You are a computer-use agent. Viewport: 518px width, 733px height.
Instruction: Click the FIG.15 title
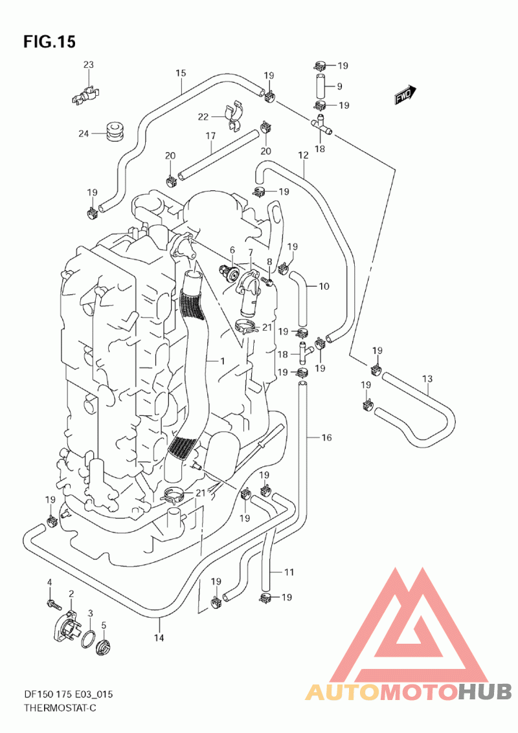[x=49, y=42]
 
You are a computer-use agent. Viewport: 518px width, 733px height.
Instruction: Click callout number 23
[x=88, y=65]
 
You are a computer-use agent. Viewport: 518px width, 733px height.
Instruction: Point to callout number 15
[x=181, y=73]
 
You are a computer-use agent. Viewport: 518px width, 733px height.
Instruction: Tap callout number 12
[x=303, y=155]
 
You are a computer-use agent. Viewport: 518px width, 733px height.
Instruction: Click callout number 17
[x=210, y=136]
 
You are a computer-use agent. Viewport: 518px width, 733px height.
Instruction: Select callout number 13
[x=427, y=378]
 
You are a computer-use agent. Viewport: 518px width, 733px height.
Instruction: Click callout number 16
[x=326, y=438]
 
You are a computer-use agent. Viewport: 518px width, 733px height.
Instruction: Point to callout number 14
[x=159, y=638]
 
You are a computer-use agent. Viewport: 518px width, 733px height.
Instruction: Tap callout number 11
[x=289, y=572]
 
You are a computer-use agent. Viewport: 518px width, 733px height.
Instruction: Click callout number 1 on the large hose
[x=221, y=361]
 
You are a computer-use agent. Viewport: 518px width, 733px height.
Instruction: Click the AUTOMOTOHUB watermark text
[x=408, y=692]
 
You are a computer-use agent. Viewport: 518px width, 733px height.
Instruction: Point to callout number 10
[x=324, y=286]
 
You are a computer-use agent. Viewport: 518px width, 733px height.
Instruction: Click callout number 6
[x=232, y=250]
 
